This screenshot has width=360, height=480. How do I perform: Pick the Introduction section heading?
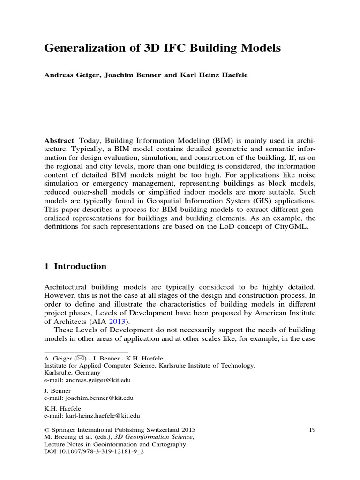click(x=80, y=266)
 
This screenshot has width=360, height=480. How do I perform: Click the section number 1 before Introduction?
click(x=46, y=266)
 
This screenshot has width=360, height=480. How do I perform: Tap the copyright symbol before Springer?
click(x=46, y=429)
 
